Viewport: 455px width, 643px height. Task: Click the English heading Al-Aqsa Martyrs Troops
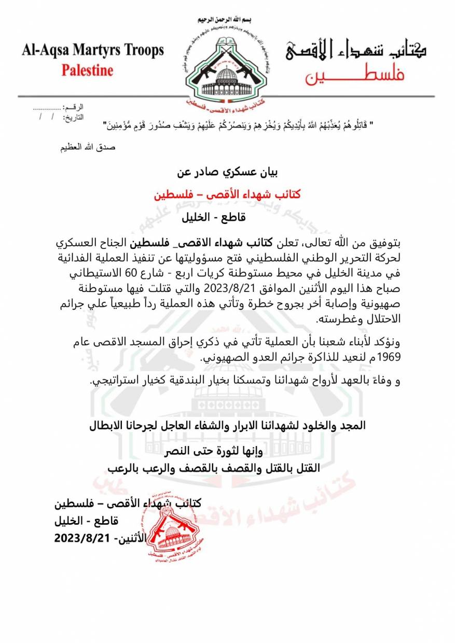point(92,51)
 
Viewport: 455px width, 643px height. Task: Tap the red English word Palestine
point(87,70)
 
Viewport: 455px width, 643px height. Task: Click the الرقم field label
point(73,107)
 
